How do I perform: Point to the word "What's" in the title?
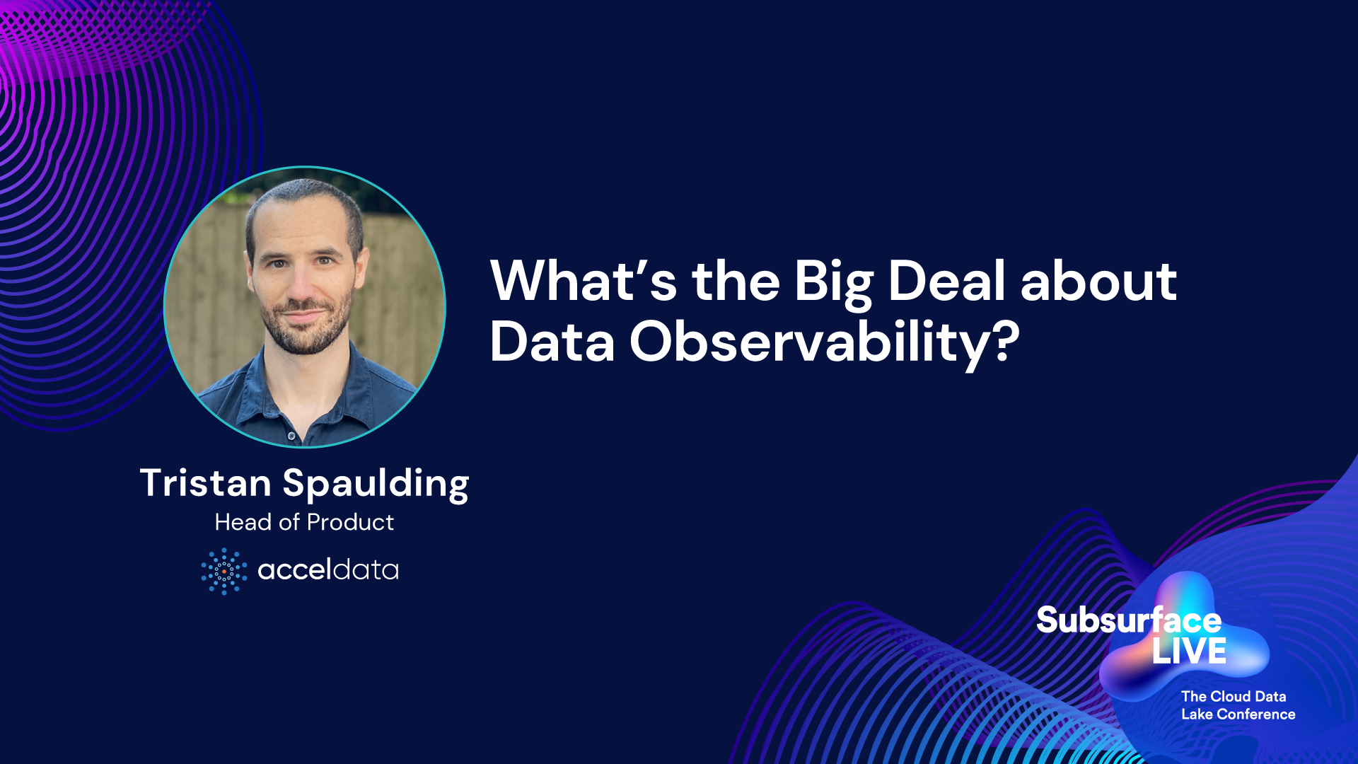pos(584,281)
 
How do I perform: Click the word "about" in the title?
pos(1098,281)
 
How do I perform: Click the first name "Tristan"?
pos(206,483)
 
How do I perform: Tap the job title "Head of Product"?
pos(304,522)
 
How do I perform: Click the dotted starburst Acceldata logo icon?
pos(224,571)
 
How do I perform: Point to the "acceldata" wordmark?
pos(328,569)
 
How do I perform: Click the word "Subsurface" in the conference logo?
pos(1129,620)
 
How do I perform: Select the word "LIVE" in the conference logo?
pos(1190,652)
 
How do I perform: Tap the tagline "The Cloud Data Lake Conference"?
pos(1238,705)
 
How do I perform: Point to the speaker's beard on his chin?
pos(306,340)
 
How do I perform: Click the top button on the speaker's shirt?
pos(291,434)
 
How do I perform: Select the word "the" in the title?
pos(736,281)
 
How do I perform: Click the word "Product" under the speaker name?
pos(351,522)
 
